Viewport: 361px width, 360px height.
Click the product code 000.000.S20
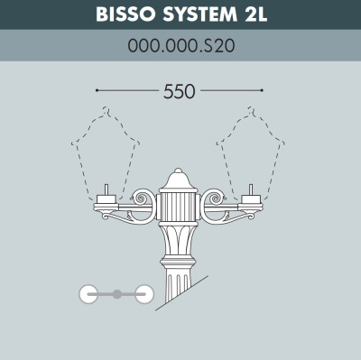pyautogui.click(x=181, y=46)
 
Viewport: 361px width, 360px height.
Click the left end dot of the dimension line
pyautogui.click(x=97, y=90)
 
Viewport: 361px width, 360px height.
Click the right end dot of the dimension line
pyautogui.click(x=262, y=90)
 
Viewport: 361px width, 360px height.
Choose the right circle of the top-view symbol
pyautogui.click(x=143, y=294)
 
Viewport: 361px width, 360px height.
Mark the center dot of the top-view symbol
pyautogui.click(x=116, y=294)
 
